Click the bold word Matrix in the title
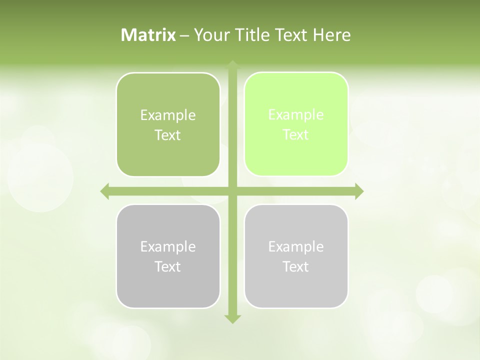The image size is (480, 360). click(148, 35)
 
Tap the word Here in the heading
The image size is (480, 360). click(332, 35)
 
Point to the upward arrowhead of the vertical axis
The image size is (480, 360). click(232, 64)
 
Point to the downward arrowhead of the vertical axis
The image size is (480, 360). click(232, 319)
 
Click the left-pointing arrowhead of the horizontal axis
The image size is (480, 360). click(104, 191)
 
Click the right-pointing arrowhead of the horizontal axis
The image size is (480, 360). click(359, 191)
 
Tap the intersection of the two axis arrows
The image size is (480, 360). click(232, 191)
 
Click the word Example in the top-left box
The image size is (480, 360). click(168, 115)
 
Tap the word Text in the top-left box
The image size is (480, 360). click(168, 135)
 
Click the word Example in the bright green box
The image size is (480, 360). click(296, 115)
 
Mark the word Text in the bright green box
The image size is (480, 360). click(296, 135)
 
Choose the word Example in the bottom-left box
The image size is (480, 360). click(168, 247)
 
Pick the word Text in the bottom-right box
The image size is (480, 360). click(296, 267)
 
